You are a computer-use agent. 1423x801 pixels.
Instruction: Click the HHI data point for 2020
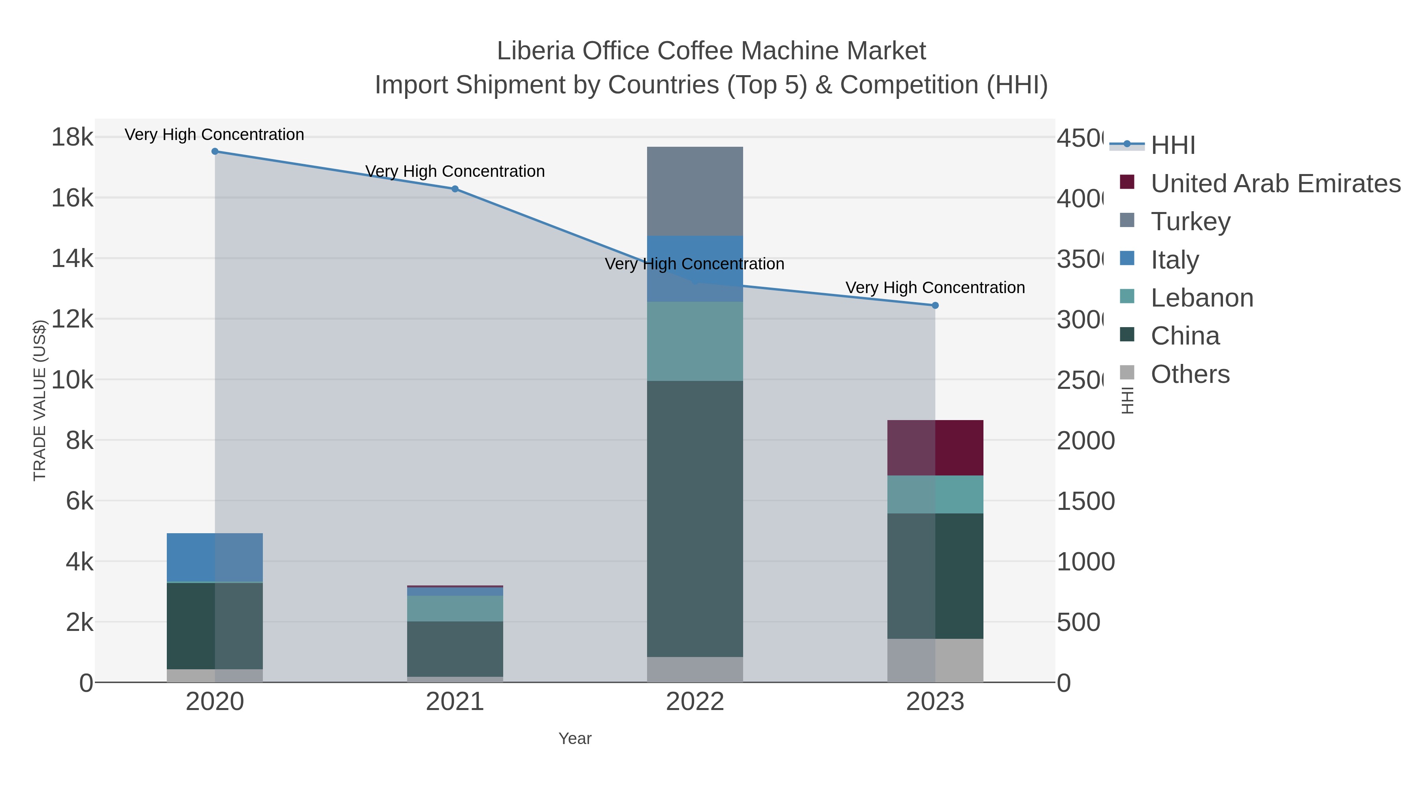[x=215, y=151]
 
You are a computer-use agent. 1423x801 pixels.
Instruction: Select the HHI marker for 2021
[x=455, y=189]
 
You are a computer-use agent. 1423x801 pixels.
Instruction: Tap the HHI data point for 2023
[x=935, y=306]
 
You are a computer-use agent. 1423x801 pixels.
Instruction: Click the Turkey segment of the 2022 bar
[x=695, y=191]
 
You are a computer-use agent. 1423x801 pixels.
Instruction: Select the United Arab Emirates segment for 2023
[x=935, y=448]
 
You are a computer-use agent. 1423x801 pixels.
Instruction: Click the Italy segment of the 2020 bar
[x=215, y=557]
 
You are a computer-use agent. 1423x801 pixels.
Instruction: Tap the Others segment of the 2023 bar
[x=935, y=661]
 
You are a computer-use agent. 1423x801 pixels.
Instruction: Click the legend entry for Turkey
[x=1191, y=222]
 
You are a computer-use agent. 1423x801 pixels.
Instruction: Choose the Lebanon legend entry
[x=1202, y=298]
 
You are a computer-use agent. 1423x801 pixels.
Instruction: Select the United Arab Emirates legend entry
[x=1275, y=184]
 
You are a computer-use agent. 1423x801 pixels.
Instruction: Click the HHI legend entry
[x=1173, y=146]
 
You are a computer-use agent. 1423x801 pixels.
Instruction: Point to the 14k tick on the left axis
[x=72, y=258]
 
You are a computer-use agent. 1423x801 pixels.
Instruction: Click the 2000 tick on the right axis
[x=1085, y=441]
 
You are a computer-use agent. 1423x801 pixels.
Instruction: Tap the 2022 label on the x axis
[x=695, y=702]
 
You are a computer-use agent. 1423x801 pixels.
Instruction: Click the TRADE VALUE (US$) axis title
[x=40, y=400]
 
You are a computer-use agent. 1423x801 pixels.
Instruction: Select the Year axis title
[x=575, y=739]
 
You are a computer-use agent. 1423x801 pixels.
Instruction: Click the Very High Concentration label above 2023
[x=935, y=288]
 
